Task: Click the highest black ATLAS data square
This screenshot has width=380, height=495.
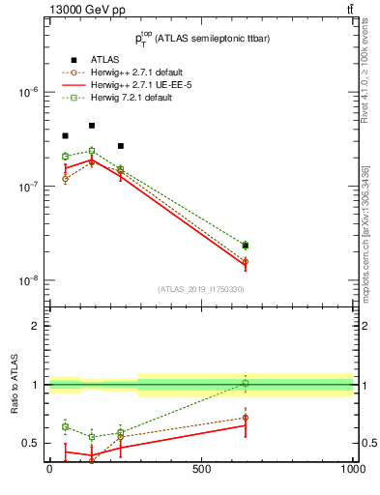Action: tap(92, 126)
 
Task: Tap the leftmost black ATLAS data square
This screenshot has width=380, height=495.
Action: tap(65, 136)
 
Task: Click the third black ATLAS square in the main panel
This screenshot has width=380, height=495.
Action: tap(120, 146)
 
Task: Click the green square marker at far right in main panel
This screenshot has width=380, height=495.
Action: tap(246, 246)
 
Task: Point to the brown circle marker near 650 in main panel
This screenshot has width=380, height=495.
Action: tap(246, 261)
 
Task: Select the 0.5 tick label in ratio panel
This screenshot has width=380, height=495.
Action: tap(32, 443)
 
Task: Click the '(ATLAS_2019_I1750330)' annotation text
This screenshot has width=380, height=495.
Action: tap(200, 289)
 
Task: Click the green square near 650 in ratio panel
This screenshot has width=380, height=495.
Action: tap(246, 384)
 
